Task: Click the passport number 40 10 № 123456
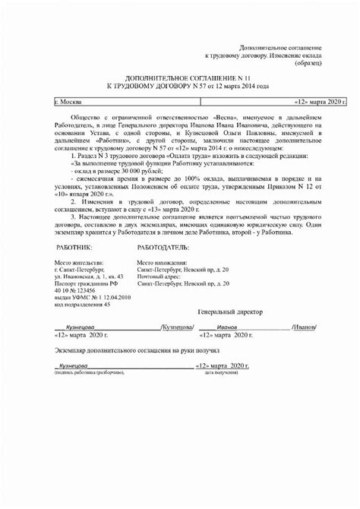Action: [76, 289]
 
